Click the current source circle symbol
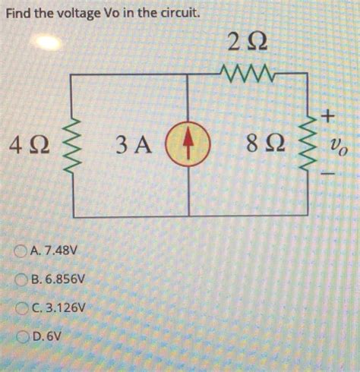(x=187, y=145)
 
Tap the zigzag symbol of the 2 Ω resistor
(x=248, y=74)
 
